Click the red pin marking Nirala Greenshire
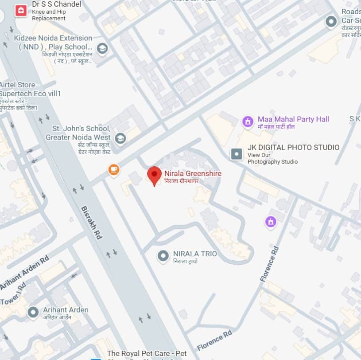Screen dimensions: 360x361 (x=154, y=175)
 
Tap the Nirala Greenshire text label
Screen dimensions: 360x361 (x=193, y=173)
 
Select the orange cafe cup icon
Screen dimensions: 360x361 (x=114, y=169)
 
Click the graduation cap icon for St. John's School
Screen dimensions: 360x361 (x=120, y=138)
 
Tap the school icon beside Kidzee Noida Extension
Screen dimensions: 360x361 (x=102, y=48)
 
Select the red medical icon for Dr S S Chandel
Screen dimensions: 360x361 (x=20, y=11)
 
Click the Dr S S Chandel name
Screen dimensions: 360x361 (x=56, y=4)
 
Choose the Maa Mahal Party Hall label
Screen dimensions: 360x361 (x=293, y=119)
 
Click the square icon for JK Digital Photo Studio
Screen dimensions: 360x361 (x=237, y=154)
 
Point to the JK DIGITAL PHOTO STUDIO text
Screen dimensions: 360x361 (x=293, y=147)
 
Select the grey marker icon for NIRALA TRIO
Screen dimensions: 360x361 (x=163, y=255)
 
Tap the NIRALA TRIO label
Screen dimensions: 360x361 (x=195, y=254)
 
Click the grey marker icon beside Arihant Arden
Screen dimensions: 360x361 (x=33, y=312)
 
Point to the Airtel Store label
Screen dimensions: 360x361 (x=20, y=85)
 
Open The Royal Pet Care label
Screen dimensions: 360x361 (x=147, y=353)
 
